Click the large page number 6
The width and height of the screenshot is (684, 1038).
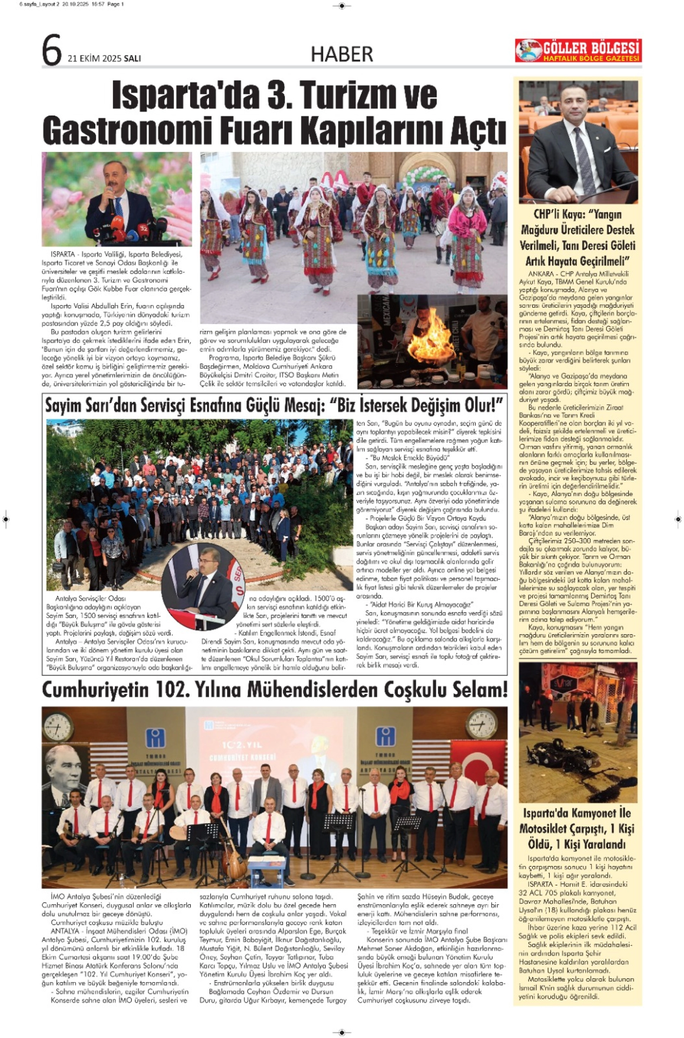click(51, 51)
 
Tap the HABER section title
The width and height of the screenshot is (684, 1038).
click(342, 54)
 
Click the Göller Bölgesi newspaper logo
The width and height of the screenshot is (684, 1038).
click(578, 51)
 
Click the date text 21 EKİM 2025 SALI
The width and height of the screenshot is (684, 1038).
click(104, 58)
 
